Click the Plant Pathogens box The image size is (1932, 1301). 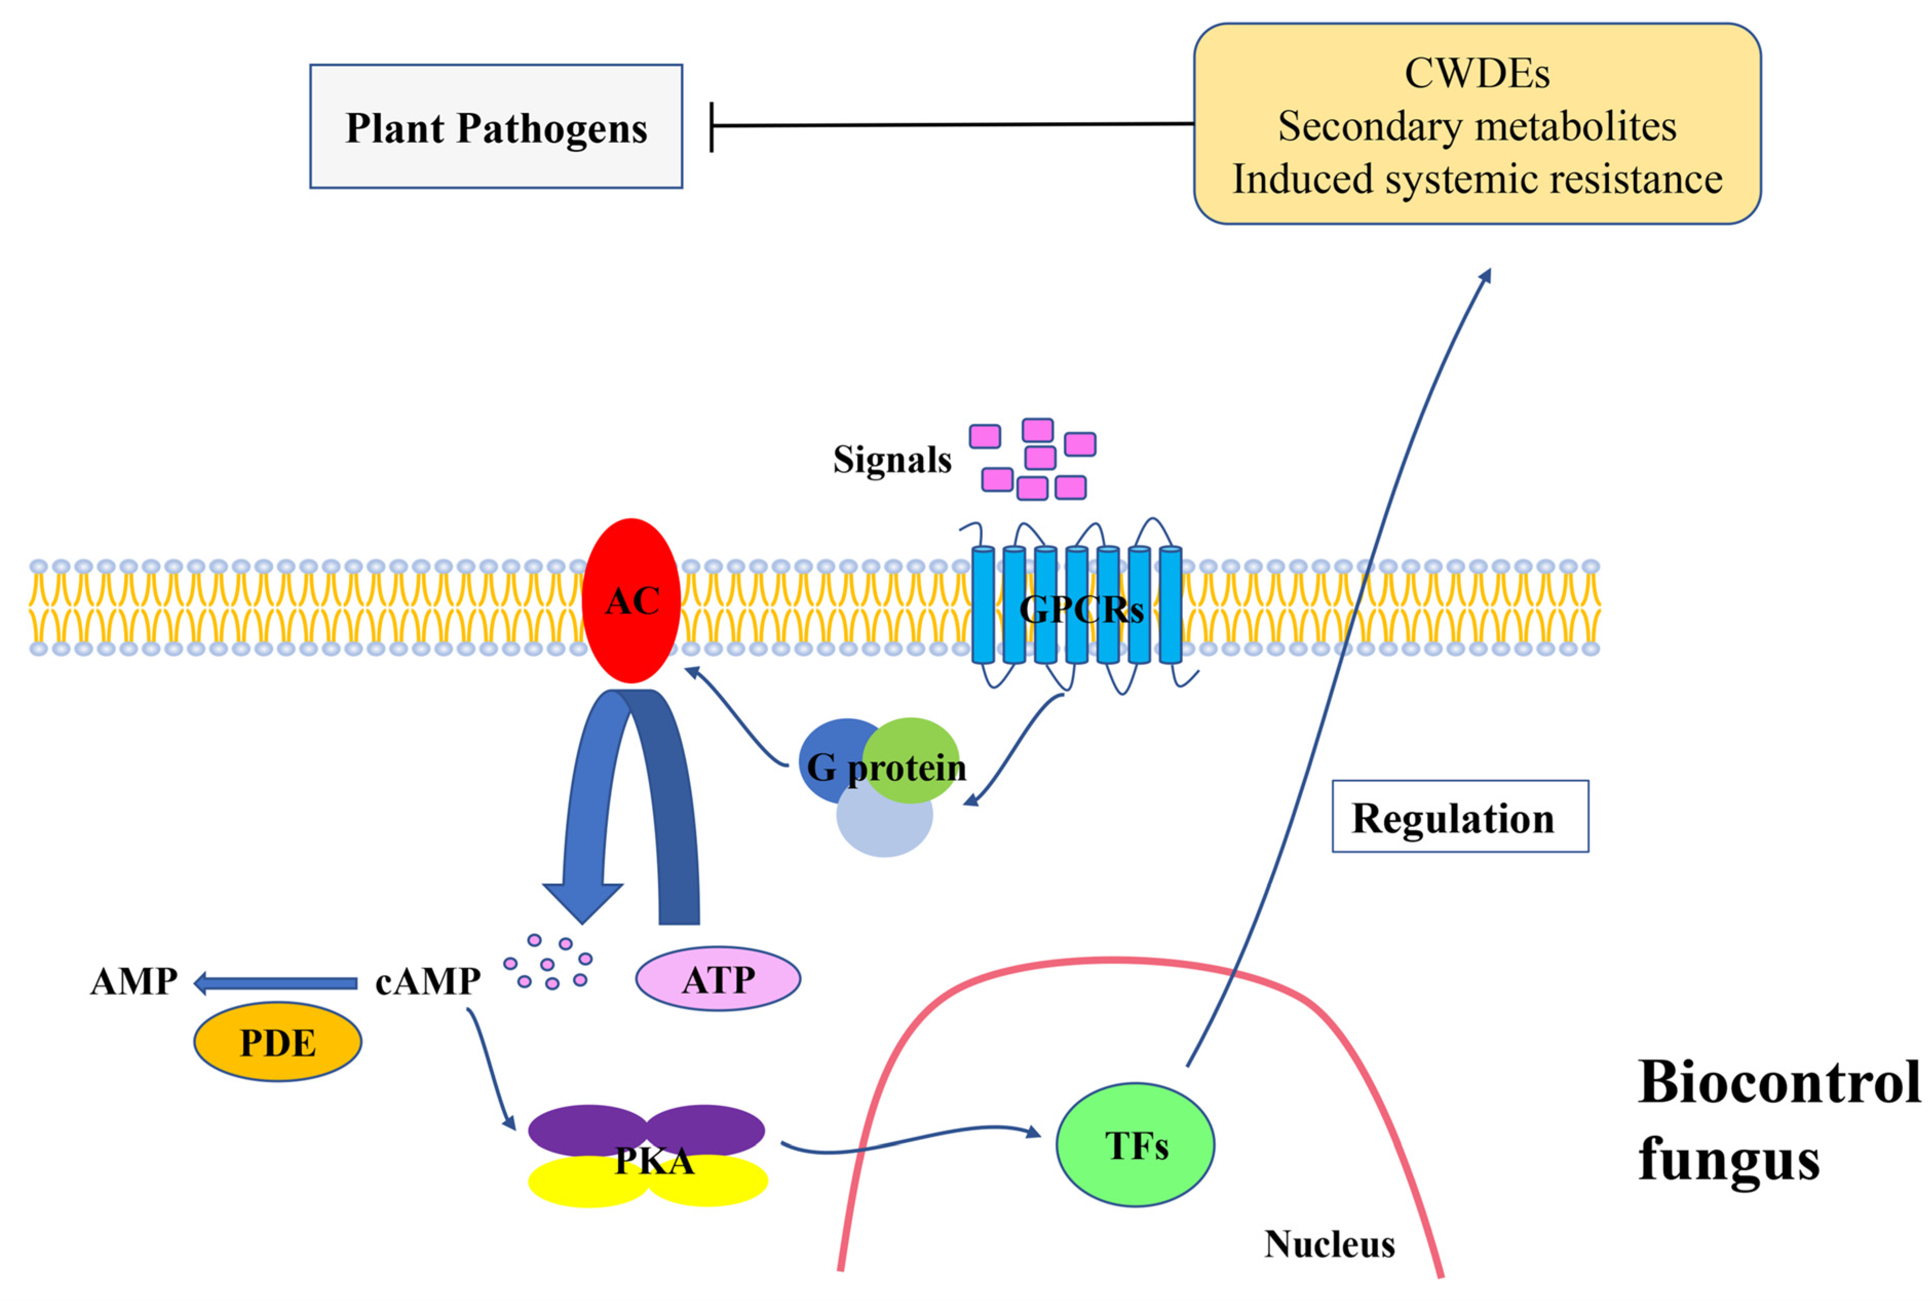(496, 126)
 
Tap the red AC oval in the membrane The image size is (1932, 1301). (632, 600)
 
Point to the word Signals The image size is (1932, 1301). (892, 459)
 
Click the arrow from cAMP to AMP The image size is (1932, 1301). (275, 984)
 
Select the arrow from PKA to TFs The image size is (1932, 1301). (911, 1139)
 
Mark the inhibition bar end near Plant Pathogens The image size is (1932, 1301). (712, 127)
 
